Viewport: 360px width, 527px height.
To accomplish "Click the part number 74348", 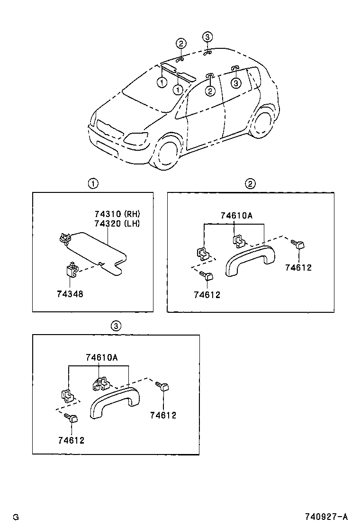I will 70,294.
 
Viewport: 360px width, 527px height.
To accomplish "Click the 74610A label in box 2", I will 236,216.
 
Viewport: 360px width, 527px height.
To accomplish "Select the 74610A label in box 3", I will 101,358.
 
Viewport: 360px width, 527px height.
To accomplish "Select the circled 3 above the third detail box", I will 116,326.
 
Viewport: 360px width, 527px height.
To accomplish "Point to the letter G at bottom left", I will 16,517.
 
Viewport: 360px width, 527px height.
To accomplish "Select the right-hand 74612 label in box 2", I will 298,268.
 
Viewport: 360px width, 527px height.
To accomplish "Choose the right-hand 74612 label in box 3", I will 163,415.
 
